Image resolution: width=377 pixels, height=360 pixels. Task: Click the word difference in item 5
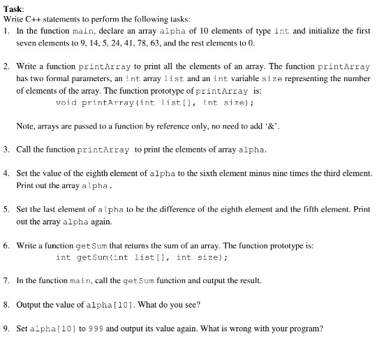click(196, 210)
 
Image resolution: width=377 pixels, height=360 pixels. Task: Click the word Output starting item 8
click(30, 304)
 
